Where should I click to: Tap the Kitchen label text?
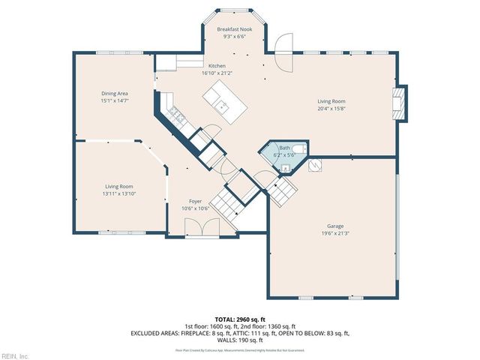pos(217,66)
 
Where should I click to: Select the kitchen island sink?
pos(222,106)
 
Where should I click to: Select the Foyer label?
pos(194,201)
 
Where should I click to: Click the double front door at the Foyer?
pos(200,228)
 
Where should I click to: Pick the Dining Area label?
pos(115,93)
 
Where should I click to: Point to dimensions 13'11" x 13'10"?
pos(119,193)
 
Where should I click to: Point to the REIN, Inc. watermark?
pos(15,355)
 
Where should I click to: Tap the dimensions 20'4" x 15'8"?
pos(331,107)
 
